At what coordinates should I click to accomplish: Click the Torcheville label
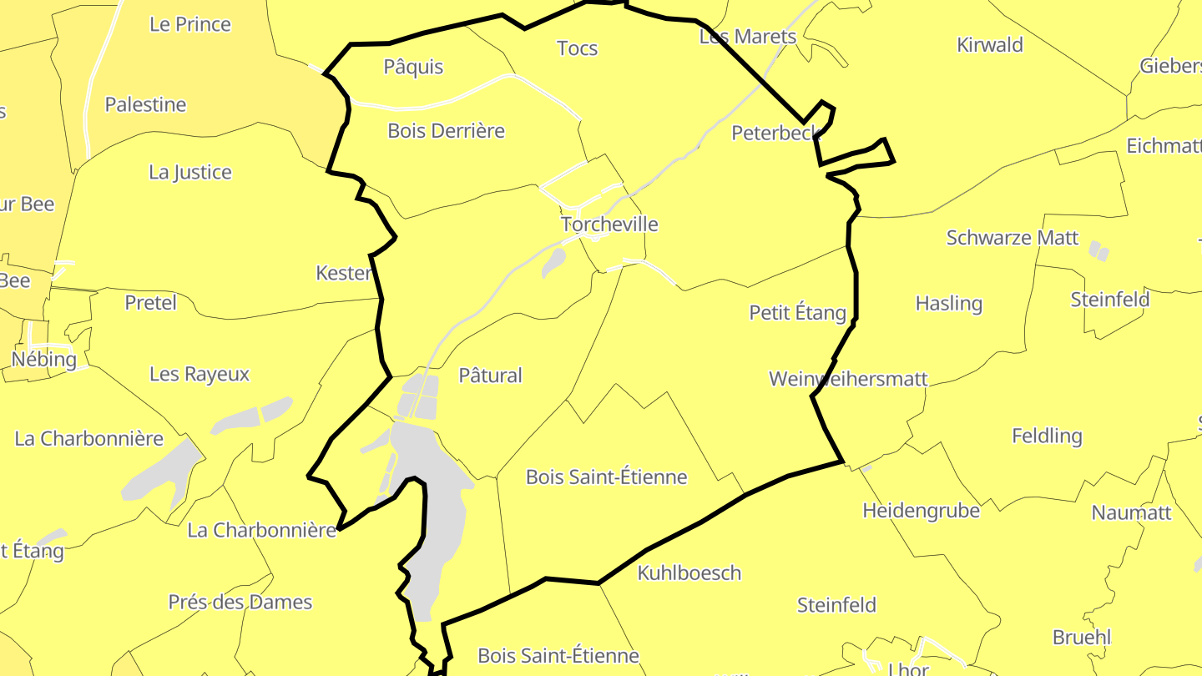(x=609, y=224)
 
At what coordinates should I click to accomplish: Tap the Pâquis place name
(x=413, y=67)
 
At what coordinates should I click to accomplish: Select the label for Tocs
(x=578, y=48)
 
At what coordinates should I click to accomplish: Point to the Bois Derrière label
(x=447, y=131)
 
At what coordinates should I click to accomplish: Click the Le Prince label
(x=190, y=24)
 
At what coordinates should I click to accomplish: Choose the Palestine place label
(x=145, y=104)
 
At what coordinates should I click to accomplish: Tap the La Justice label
(x=190, y=172)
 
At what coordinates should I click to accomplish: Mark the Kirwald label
(x=990, y=45)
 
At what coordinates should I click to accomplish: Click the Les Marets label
(x=748, y=37)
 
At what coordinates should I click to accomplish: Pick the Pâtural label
(x=491, y=376)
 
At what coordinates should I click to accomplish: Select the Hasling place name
(x=949, y=303)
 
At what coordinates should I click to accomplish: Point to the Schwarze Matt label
(x=1013, y=238)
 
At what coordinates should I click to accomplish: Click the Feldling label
(x=1047, y=436)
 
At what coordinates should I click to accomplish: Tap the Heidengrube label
(x=921, y=510)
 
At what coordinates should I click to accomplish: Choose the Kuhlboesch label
(x=689, y=573)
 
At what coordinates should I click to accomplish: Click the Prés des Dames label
(x=240, y=602)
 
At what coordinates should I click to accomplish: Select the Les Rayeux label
(x=199, y=374)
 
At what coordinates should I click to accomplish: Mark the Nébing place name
(x=44, y=360)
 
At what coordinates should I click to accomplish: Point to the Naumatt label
(x=1132, y=512)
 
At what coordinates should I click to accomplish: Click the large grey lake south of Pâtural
(x=430, y=517)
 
